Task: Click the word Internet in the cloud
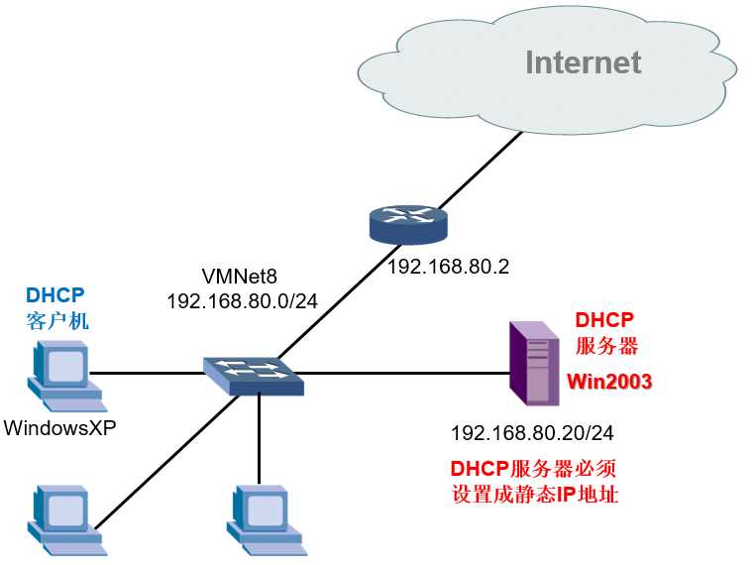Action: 583,61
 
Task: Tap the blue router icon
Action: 407,224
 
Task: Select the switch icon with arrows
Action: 255,373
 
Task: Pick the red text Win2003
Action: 609,382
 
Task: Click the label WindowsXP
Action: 65,428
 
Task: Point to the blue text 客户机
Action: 54,321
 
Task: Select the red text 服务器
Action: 606,346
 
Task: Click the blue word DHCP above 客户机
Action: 54,295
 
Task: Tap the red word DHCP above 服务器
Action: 604,319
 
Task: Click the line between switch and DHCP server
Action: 406,374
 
